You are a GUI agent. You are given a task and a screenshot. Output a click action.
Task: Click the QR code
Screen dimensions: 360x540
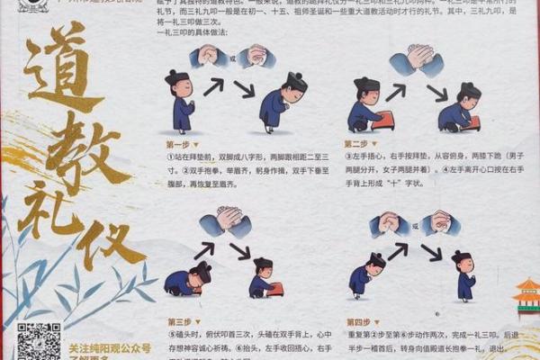coord(38,341)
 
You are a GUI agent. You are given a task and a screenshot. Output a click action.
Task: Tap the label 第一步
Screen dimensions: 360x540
coord(178,144)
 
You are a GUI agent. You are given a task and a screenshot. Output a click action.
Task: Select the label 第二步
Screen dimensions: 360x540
coord(356,144)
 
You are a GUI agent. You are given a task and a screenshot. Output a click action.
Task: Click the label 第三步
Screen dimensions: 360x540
coord(178,321)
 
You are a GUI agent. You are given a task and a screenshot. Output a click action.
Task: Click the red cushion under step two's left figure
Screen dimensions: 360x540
coord(385,120)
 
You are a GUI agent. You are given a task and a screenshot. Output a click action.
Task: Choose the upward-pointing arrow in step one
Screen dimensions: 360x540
coord(212,86)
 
